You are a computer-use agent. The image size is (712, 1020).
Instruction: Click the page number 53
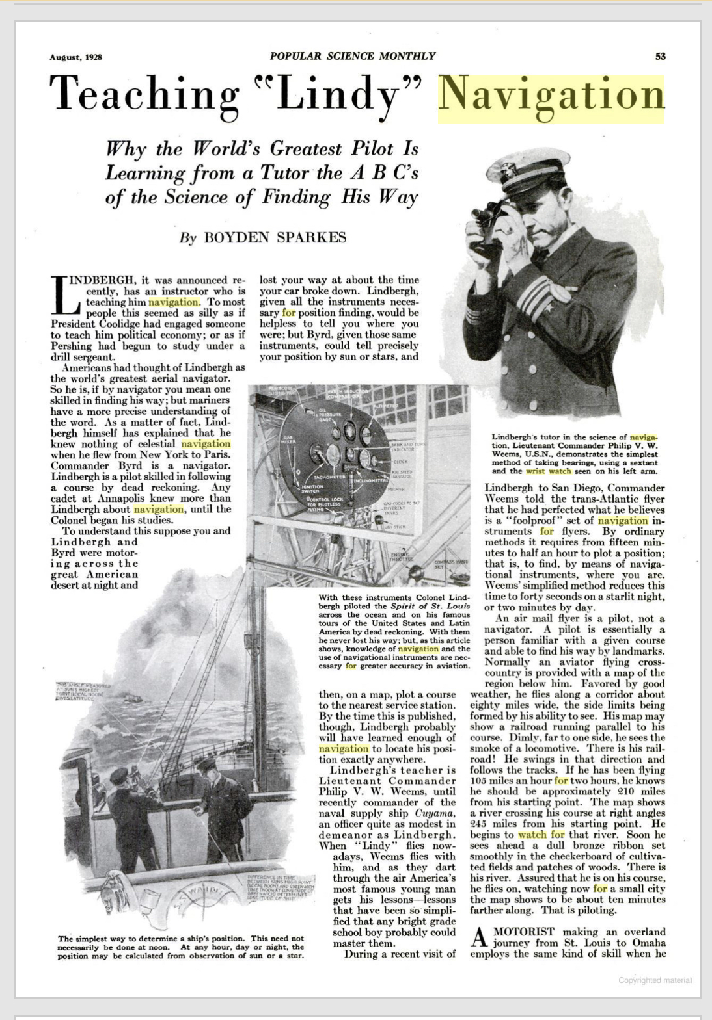point(660,57)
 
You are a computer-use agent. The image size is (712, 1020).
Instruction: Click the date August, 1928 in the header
point(75,57)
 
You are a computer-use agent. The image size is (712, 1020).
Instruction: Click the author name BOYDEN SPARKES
point(275,237)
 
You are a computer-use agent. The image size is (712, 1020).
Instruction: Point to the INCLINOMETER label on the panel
point(370,480)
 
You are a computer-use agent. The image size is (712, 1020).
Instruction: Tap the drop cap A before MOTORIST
point(478,937)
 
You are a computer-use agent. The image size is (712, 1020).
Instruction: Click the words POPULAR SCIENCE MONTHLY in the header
point(353,56)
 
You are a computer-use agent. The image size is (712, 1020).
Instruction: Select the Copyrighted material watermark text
point(655,980)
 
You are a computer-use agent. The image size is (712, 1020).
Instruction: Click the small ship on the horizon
point(133,699)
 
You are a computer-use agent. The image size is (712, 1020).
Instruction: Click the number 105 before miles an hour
point(478,781)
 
